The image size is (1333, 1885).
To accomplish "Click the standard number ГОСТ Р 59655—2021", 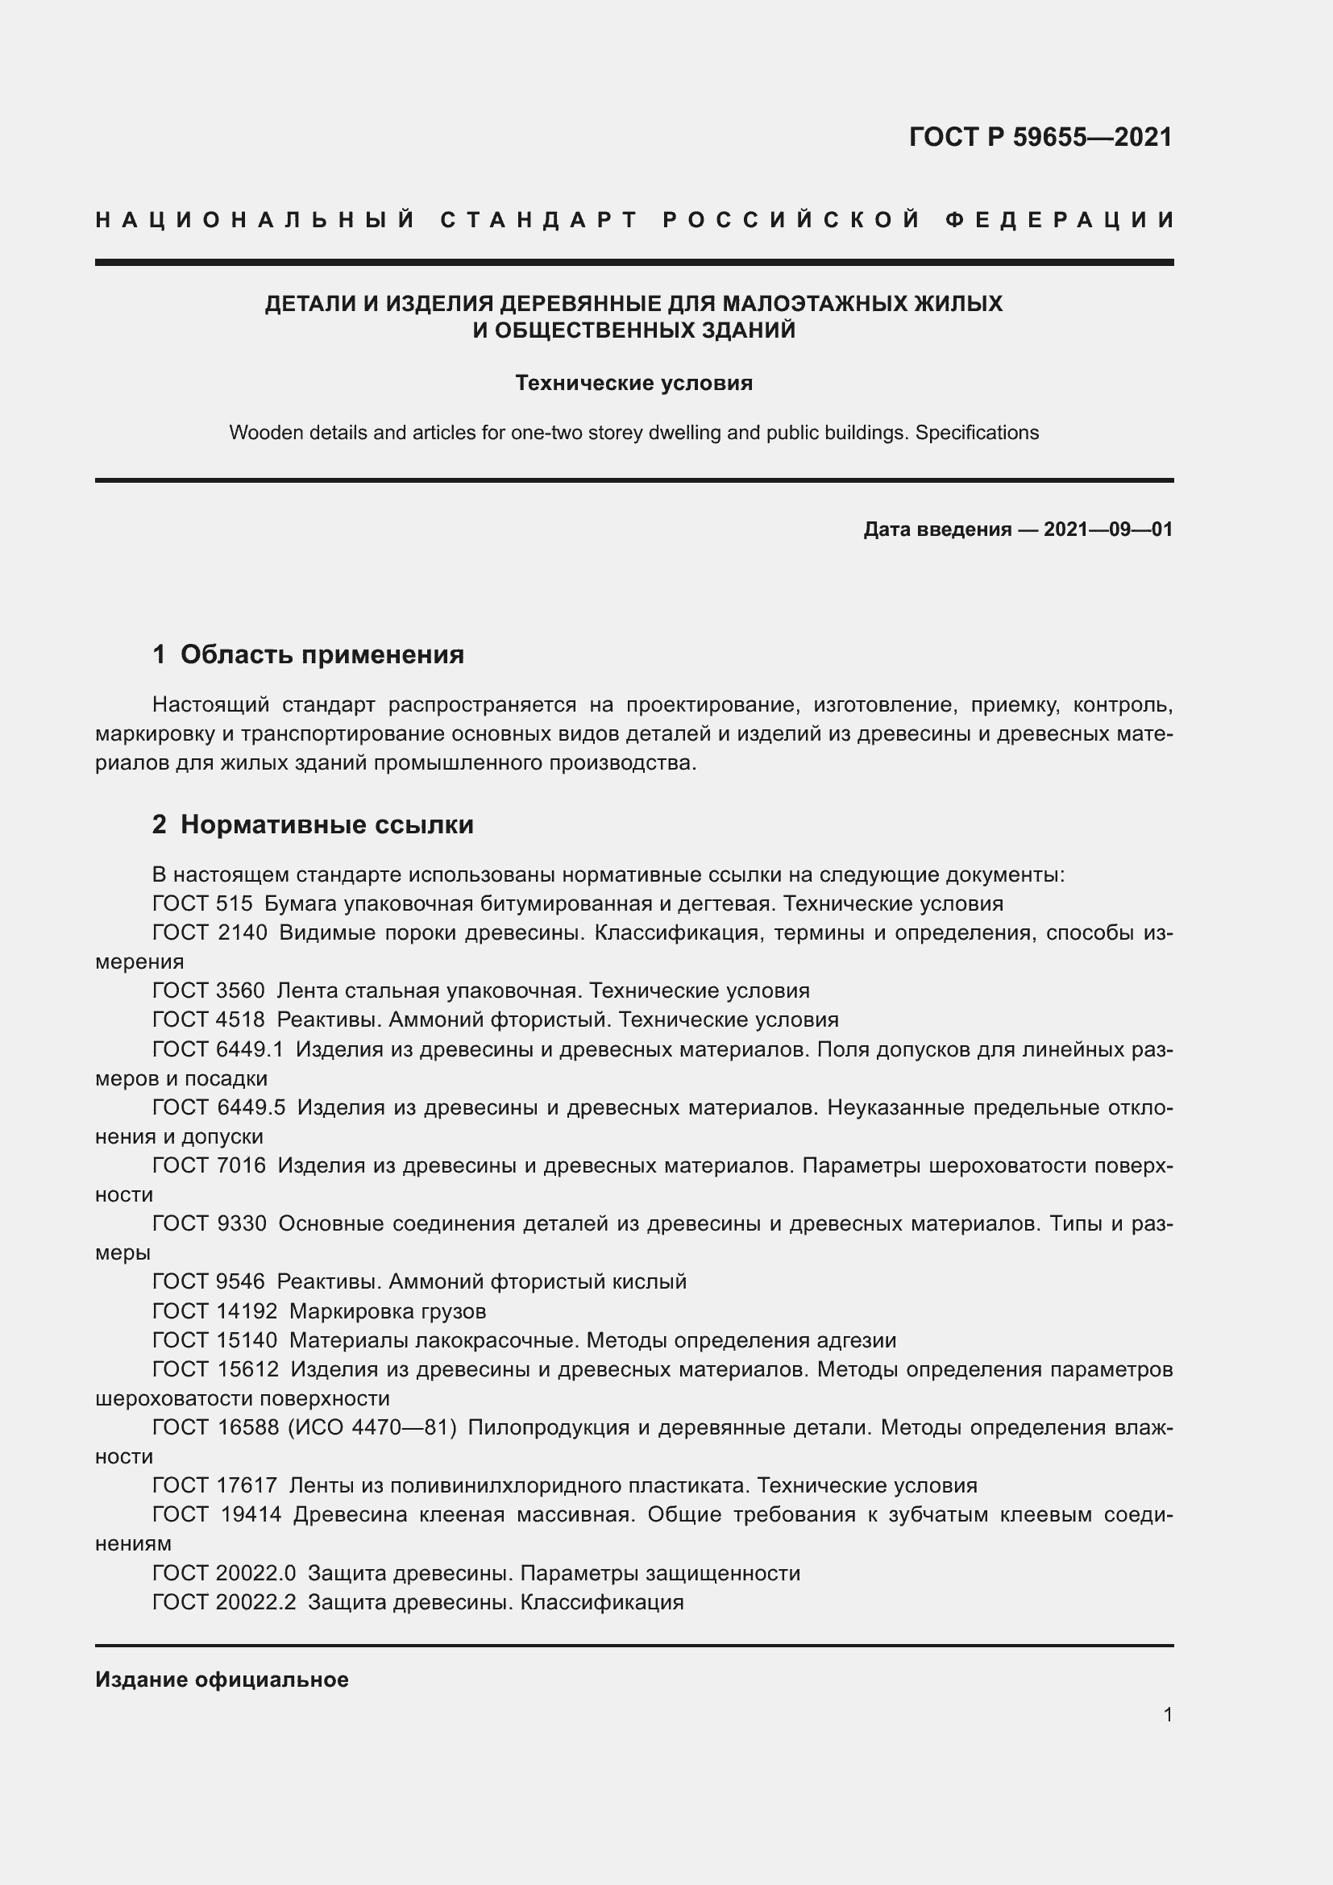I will point(1040,137).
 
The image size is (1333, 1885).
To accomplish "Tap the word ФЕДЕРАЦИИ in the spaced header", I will point(1060,220).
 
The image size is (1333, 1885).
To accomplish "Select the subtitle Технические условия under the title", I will point(633,384).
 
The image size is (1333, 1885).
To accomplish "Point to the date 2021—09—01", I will point(1108,529).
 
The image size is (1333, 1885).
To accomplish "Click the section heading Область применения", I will point(322,654).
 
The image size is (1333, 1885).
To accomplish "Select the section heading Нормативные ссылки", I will point(326,824).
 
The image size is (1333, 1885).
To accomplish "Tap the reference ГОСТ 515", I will point(202,904).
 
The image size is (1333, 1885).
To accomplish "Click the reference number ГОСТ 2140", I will point(210,932).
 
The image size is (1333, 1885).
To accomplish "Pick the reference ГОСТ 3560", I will point(209,991).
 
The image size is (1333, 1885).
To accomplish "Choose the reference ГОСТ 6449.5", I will point(218,1107).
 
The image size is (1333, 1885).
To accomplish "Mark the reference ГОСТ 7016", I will point(209,1165).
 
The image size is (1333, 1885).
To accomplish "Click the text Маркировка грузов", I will point(388,1311).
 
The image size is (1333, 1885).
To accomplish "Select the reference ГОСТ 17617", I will point(214,1485).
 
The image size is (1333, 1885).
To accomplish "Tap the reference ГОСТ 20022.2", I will point(223,1602).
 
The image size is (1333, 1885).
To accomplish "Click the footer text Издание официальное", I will point(222,1679).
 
